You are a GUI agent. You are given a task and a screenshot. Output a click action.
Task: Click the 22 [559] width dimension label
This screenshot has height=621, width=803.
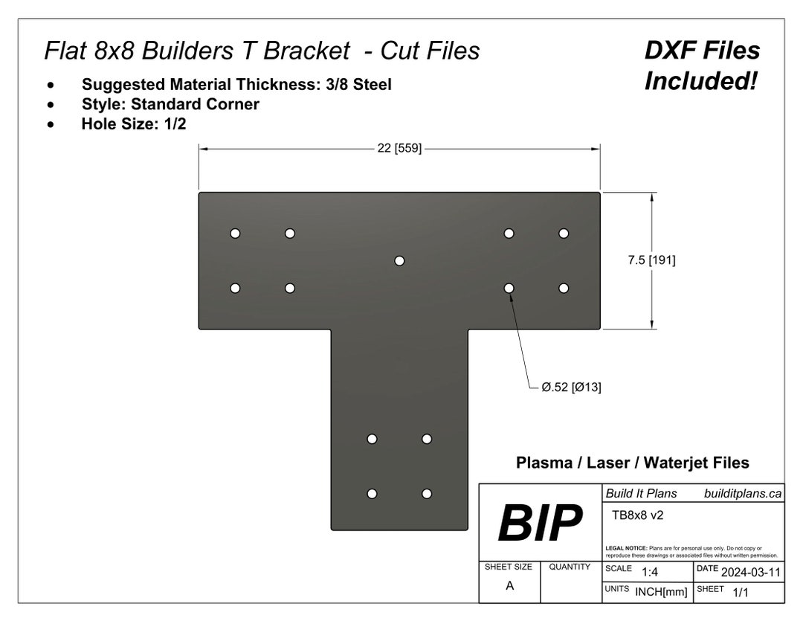[x=399, y=148]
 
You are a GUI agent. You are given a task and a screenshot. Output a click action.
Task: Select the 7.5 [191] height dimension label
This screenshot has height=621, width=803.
[x=652, y=260]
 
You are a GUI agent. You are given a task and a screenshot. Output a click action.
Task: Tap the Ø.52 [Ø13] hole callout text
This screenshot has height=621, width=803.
[x=571, y=387]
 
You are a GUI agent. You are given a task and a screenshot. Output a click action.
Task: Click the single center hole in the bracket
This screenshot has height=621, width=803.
[x=399, y=260]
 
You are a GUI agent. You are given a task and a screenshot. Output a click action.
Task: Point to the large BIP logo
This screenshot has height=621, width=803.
[x=539, y=524]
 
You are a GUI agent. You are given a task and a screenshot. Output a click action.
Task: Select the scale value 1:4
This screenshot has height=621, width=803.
[x=649, y=571]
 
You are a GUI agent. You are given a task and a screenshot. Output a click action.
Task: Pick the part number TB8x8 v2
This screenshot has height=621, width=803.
[x=637, y=514]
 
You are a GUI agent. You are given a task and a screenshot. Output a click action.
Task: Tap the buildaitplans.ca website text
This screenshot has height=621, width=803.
[x=742, y=493]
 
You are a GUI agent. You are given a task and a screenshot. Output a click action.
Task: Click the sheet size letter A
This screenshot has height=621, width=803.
[x=509, y=585]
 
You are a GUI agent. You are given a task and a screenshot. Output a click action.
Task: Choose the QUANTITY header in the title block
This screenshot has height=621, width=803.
[x=570, y=567]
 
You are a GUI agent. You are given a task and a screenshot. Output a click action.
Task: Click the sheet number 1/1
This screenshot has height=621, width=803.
[x=741, y=592]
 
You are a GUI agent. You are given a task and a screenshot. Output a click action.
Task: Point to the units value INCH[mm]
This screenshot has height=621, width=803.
[x=661, y=592]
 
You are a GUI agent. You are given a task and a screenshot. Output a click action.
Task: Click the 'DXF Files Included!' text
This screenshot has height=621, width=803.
[x=702, y=65]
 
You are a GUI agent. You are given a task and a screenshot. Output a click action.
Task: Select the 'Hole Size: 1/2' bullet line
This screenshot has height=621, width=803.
[x=133, y=123]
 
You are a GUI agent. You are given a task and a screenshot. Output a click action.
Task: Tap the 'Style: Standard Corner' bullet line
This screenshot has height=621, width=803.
[x=170, y=104]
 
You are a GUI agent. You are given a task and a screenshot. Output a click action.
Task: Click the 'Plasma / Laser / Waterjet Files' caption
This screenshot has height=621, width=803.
[x=632, y=463]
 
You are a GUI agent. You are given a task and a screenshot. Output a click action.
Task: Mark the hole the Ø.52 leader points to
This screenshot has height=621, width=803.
[x=509, y=288]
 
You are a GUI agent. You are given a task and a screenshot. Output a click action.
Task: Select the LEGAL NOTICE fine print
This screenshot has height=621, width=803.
[x=691, y=551]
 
